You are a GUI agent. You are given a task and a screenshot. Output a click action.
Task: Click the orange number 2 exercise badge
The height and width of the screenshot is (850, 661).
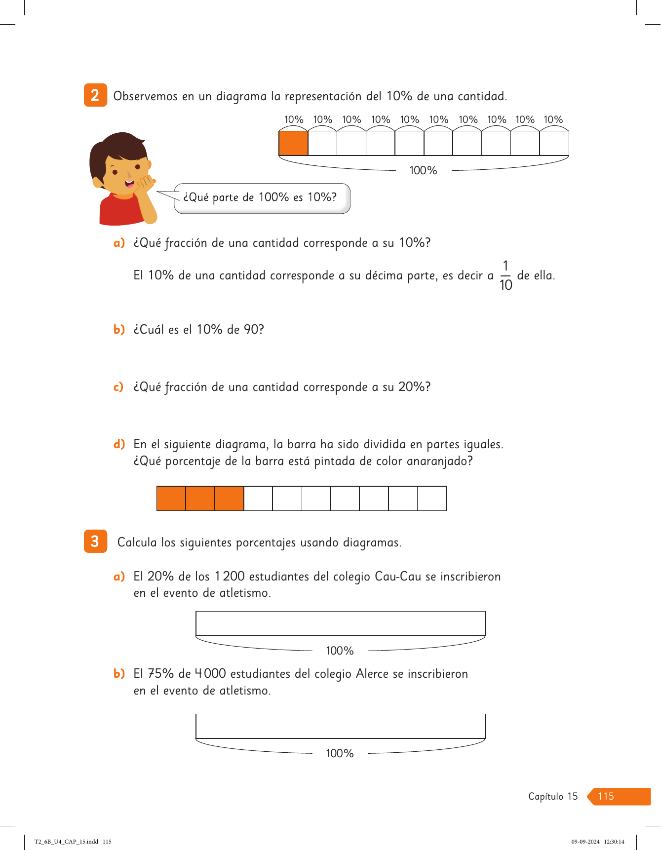pos(95,95)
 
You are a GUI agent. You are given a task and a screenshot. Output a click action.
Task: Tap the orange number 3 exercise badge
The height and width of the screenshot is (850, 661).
pos(95,541)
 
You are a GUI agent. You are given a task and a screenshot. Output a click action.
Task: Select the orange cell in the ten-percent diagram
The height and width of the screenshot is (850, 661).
pos(293,143)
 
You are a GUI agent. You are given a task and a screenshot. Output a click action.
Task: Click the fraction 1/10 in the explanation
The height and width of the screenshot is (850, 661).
pos(505,275)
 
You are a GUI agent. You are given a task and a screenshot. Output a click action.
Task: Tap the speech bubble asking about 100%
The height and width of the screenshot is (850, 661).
pos(262,198)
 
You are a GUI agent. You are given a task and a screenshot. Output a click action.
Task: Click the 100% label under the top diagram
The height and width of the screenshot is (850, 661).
pos(423,170)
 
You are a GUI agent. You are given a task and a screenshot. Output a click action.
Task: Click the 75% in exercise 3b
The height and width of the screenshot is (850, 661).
pos(161,674)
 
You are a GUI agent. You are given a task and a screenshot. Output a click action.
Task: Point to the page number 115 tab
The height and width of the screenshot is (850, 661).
pos(619,796)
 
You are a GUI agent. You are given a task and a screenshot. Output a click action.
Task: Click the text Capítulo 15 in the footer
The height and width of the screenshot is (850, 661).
pos(553,796)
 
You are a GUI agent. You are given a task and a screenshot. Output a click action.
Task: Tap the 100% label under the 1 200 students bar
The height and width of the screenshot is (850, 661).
pos(340,651)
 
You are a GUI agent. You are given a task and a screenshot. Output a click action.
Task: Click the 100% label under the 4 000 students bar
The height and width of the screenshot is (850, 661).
pos(340,753)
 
